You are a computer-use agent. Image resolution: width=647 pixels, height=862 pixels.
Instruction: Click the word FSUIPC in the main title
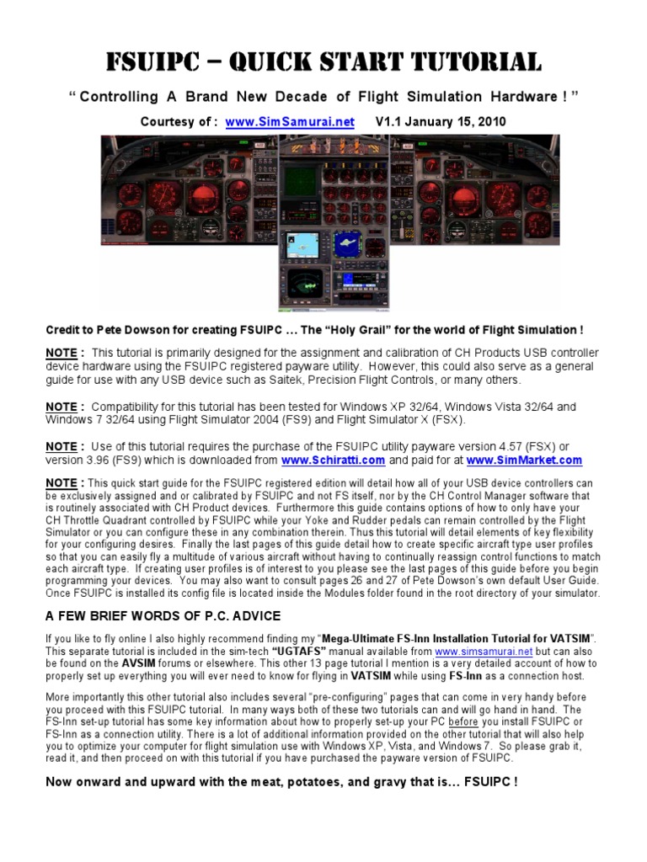(156, 61)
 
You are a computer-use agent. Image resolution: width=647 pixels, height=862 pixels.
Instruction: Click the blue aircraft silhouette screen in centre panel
(346, 242)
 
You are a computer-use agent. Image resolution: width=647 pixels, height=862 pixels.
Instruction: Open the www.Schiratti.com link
(333, 460)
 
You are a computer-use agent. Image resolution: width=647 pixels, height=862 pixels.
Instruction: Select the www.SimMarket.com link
(523, 460)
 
